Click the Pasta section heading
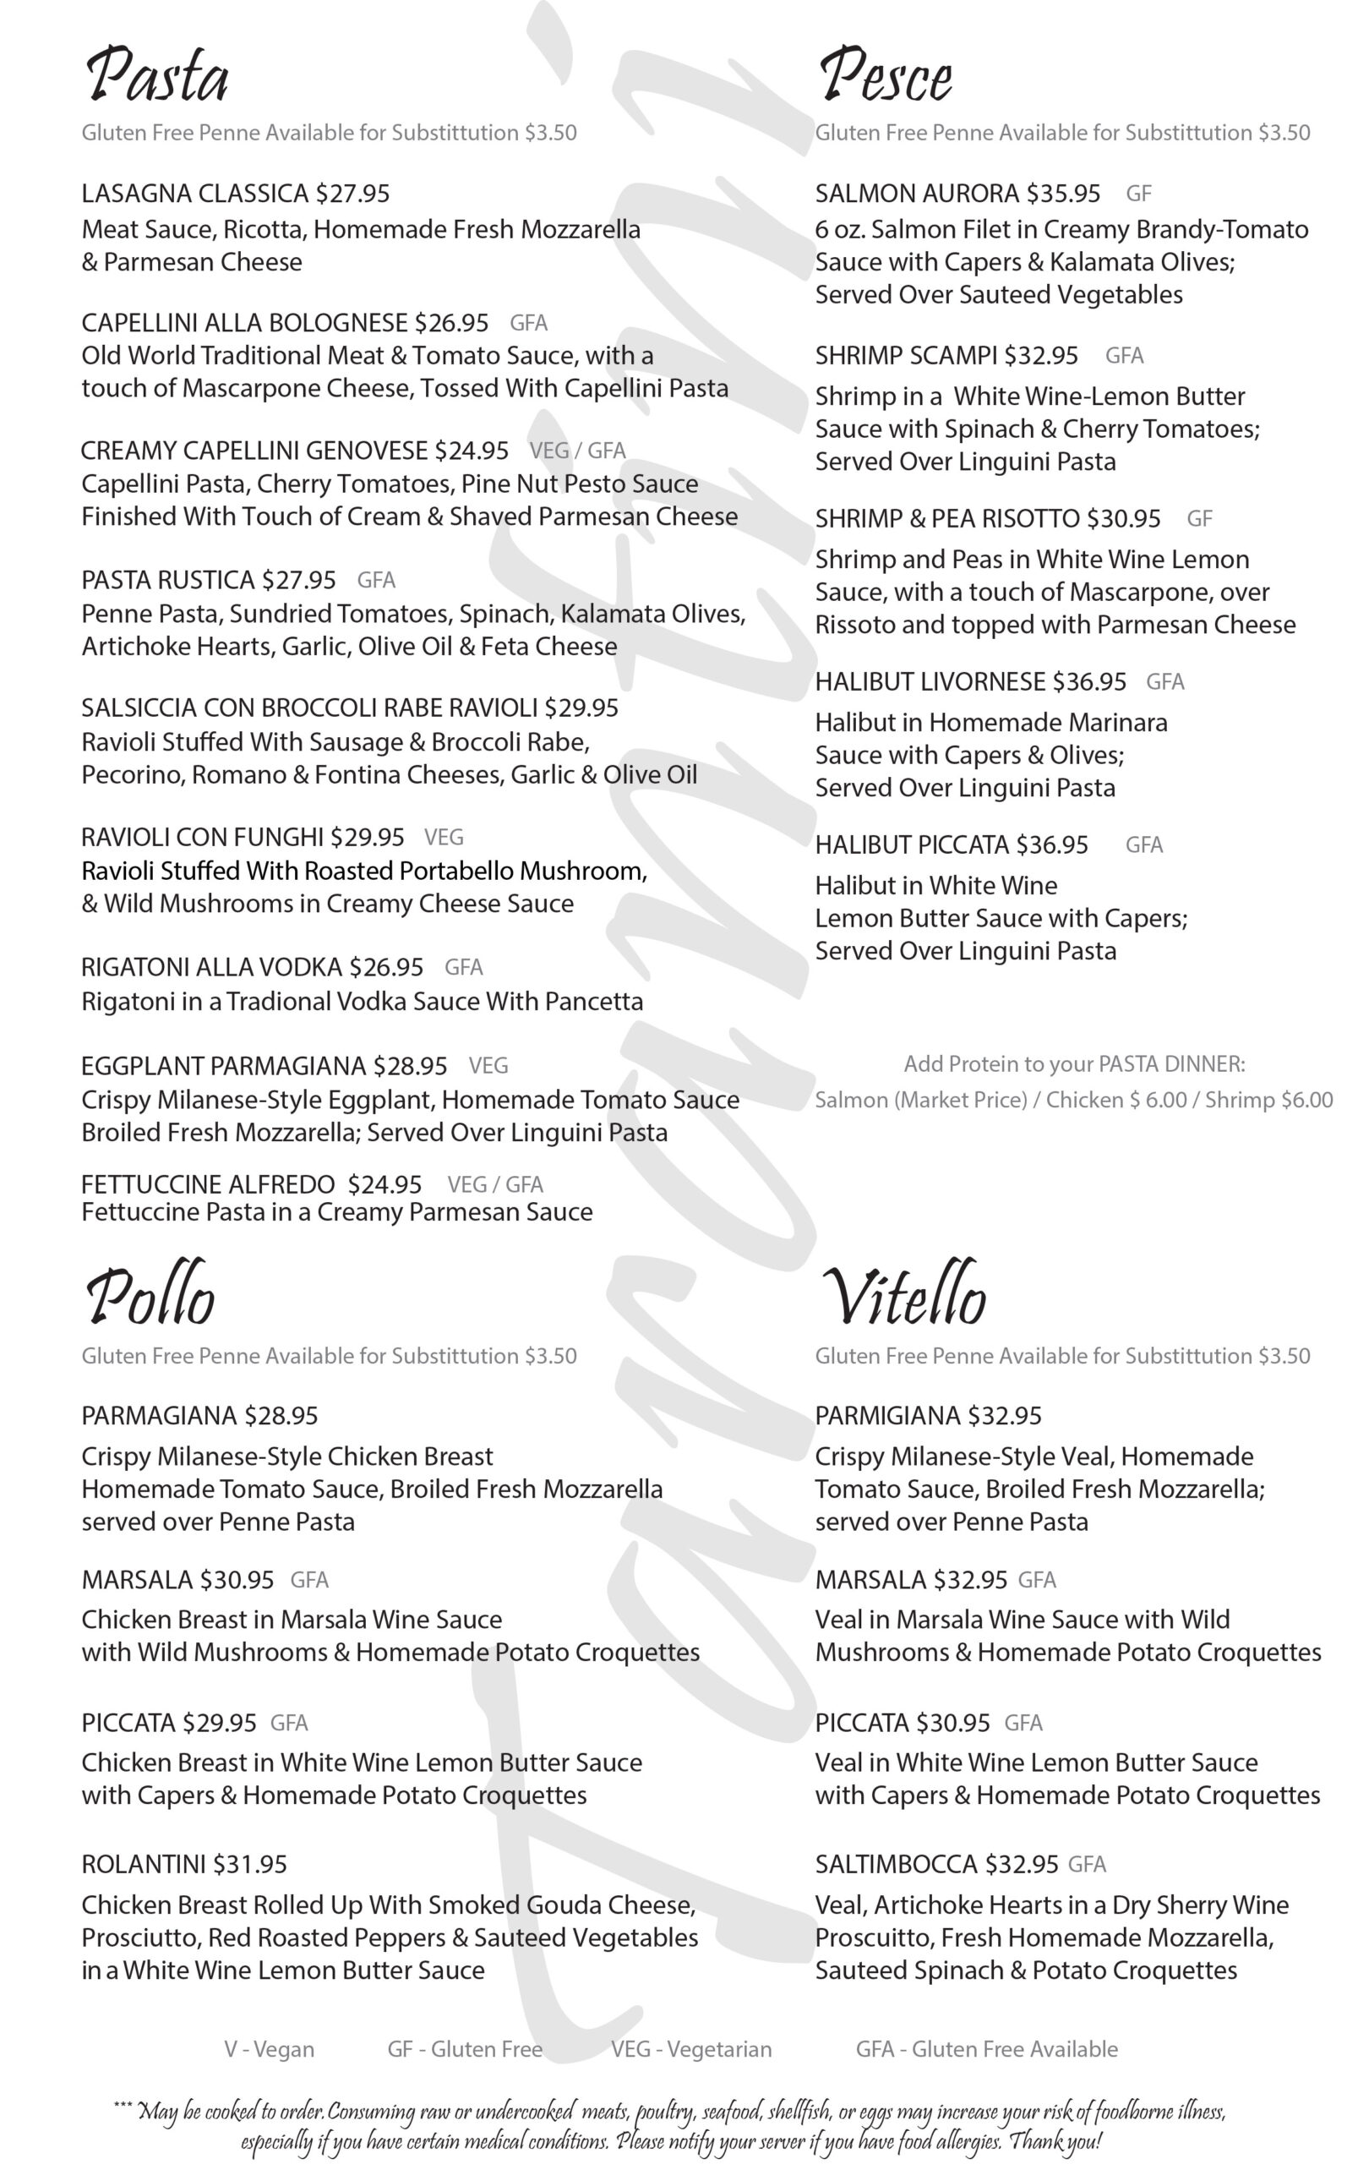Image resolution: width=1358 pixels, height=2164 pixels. (157, 75)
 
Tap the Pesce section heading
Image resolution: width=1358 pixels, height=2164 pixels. (885, 75)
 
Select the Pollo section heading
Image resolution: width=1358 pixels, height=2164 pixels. (150, 1298)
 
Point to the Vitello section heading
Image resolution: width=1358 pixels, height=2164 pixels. (903, 1298)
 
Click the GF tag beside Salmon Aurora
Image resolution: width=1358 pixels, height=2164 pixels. (1138, 194)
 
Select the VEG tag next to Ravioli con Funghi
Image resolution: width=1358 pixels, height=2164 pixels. (444, 837)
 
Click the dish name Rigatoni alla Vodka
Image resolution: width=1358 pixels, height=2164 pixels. (212, 968)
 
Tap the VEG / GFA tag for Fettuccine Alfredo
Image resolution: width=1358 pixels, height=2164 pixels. (495, 1185)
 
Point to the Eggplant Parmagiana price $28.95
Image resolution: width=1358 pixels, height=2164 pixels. (411, 1066)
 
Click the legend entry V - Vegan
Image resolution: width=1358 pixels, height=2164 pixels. (270, 2050)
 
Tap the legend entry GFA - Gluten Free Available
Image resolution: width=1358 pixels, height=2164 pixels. (986, 2050)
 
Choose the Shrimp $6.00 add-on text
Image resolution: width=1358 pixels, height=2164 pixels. (1268, 1101)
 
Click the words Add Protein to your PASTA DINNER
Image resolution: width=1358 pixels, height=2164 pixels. (1074, 1064)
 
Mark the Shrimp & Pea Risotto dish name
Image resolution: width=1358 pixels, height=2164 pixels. (946, 519)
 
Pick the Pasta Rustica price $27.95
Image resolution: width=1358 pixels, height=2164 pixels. (299, 580)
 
